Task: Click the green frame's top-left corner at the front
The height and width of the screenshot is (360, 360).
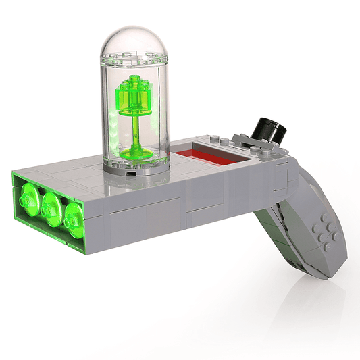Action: [x=15, y=174]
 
